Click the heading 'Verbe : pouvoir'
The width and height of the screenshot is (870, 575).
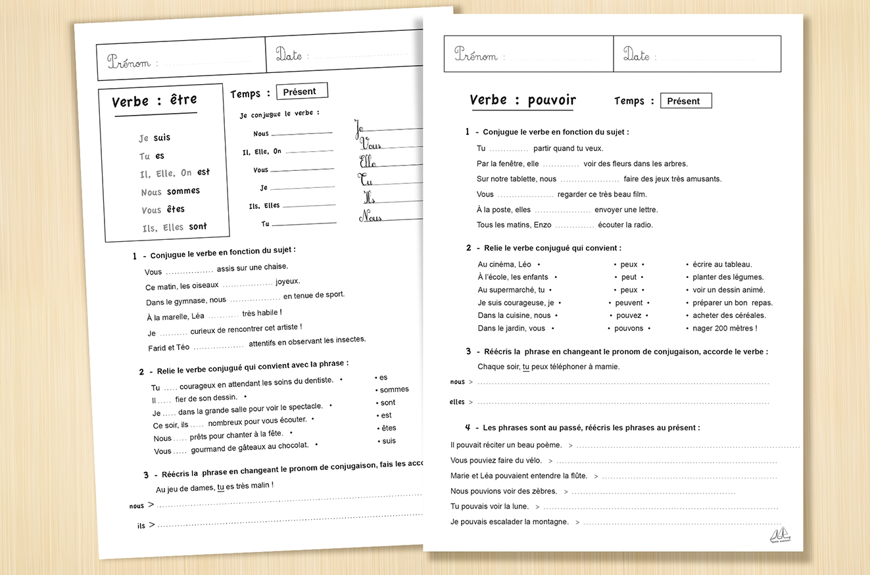523,101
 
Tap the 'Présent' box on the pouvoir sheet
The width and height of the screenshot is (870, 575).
685,101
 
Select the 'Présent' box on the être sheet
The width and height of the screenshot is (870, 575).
301,91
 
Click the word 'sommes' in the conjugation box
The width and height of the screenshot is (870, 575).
183,191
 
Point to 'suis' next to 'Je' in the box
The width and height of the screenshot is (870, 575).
162,138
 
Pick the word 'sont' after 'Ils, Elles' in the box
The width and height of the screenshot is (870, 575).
198,227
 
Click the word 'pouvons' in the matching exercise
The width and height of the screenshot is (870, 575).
629,328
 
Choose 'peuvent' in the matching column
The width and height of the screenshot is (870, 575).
629,303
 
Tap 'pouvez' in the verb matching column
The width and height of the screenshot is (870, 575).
629,315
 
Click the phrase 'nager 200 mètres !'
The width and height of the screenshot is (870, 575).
725,328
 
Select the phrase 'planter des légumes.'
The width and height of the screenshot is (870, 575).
728,277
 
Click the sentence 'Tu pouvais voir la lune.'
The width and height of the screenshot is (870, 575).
490,507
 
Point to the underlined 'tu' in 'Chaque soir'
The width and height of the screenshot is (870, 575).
526,367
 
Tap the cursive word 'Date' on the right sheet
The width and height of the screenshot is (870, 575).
637,55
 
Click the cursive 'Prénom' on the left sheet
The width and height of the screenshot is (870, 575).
130,62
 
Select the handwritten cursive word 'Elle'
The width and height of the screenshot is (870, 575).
368,162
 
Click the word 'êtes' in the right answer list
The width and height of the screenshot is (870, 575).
389,428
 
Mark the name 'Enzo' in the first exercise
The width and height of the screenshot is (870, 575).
541,225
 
